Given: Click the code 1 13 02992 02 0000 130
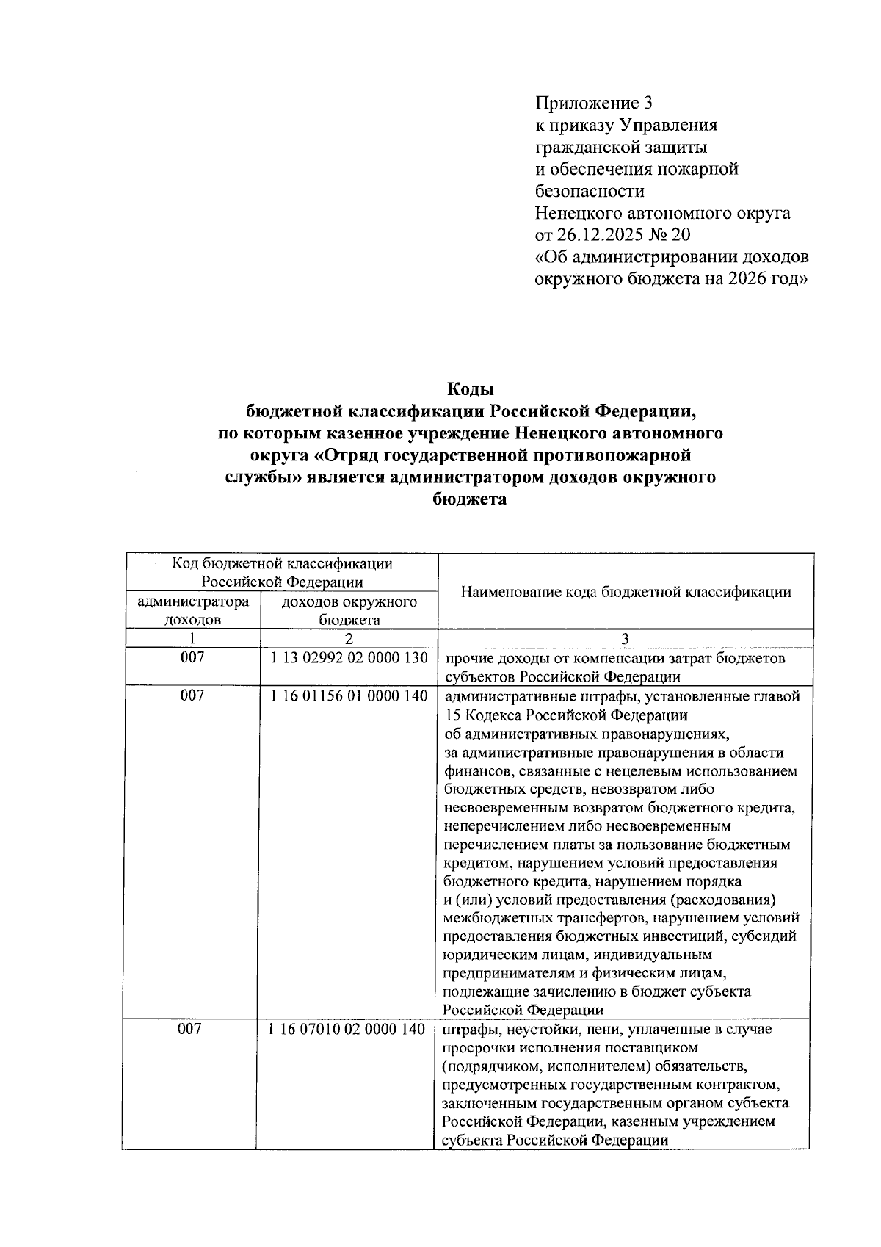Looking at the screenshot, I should [349, 658].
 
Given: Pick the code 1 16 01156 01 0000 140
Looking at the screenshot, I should [349, 695].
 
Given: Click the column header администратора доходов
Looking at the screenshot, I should [193, 610].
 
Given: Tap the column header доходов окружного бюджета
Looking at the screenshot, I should [349, 610].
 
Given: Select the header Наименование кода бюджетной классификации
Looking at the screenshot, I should [626, 591].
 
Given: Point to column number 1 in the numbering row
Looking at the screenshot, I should [192, 638].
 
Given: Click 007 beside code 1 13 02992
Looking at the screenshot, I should [192, 658].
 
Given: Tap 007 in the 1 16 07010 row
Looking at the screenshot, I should [190, 1030].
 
